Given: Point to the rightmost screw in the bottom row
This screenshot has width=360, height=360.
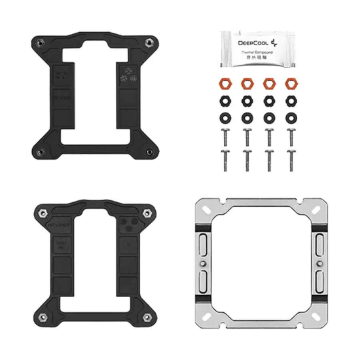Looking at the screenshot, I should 290,159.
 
